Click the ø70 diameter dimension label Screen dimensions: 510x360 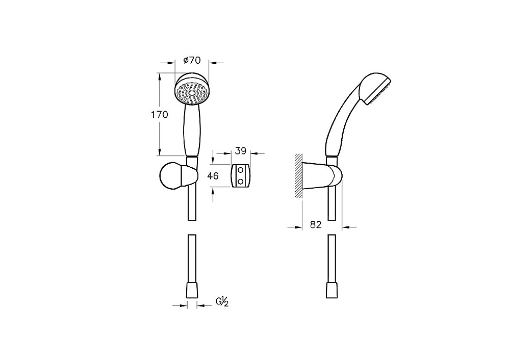(x=192, y=60)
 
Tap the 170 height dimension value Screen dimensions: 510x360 (x=159, y=114)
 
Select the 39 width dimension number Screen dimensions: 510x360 (x=241, y=151)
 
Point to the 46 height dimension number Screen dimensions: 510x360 (x=213, y=176)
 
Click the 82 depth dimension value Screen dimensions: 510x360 (x=316, y=224)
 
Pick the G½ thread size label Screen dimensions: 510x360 (x=222, y=302)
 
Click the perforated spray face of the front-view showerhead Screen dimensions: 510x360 (x=192, y=93)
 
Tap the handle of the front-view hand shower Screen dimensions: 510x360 (x=191, y=130)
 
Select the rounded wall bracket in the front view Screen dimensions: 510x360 (x=178, y=176)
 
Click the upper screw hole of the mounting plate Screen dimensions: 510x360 (x=241, y=170)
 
